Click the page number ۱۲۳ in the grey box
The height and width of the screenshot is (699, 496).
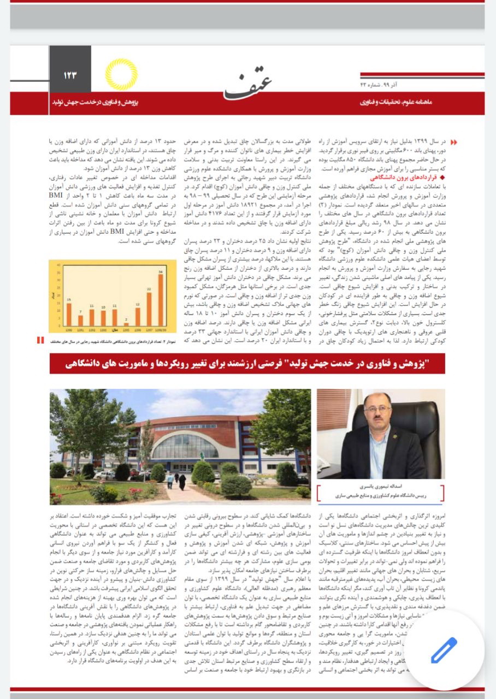pos(70,75)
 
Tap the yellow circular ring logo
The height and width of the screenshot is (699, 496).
pos(121,75)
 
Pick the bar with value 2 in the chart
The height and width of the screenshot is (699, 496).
pos(126,322)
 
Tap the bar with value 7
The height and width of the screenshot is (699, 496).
pos(80,320)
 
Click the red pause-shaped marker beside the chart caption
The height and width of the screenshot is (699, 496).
pos(40,340)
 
